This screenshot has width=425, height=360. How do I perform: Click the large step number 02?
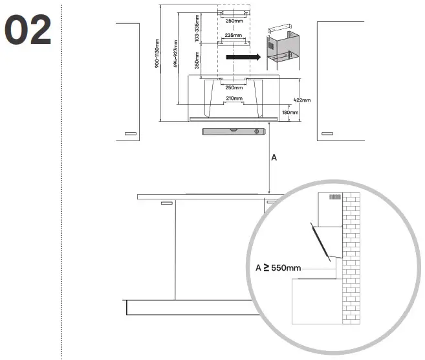coord(28,30)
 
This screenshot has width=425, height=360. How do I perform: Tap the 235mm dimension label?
coord(234,35)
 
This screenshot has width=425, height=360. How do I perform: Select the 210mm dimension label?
coord(234,98)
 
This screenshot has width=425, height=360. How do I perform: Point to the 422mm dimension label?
coord(302,100)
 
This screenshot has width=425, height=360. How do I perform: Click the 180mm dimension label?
coord(290,112)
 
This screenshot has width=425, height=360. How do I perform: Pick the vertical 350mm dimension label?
coord(197,60)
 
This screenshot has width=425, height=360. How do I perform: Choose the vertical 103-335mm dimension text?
coord(197,28)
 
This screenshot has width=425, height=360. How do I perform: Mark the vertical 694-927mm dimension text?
coord(176,54)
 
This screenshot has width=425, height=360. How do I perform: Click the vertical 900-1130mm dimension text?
coord(157,54)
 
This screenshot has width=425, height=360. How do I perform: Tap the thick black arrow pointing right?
coord(243,57)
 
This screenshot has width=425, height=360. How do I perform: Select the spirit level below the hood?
coord(234,131)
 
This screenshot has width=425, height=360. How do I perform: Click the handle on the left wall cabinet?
coord(131,133)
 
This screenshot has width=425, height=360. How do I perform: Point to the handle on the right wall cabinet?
coord(327,133)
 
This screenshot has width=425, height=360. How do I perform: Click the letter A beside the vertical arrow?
coord(274,157)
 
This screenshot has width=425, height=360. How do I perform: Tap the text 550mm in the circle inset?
coord(286,268)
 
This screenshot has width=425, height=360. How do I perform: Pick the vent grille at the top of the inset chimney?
coord(335,197)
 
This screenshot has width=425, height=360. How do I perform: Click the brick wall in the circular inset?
coord(351,258)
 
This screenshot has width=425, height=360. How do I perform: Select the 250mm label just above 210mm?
coord(234,87)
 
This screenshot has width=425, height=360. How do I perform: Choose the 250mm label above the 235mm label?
coord(234,21)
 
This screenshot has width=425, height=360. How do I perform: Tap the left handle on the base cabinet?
coord(167,203)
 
